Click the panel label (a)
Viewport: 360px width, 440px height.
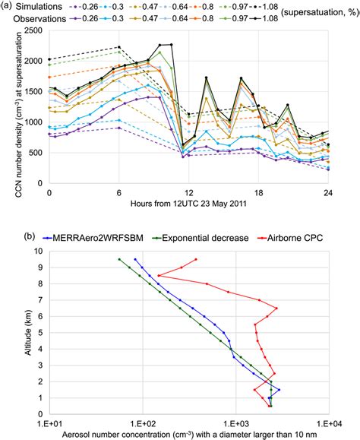pos(8,8)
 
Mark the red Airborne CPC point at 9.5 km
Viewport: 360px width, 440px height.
pos(196,259)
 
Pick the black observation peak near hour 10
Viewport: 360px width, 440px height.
pos(160,45)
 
